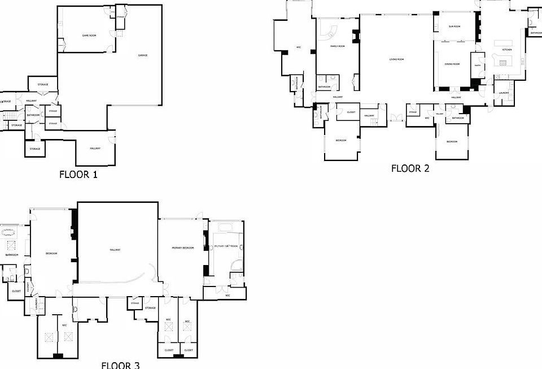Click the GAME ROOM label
coord(89,36)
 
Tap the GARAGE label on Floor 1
coord(143,55)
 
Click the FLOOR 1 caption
coord(78,175)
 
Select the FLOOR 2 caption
coord(410,168)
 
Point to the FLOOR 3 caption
coord(120,364)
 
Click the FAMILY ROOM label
coord(338,46)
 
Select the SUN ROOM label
coord(454,27)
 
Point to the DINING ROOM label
coord(452,64)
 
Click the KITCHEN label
coord(507,50)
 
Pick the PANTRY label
coord(478,66)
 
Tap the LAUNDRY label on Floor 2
coord(504,93)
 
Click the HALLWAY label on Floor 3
coord(116,249)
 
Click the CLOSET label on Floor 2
coord(351,112)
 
